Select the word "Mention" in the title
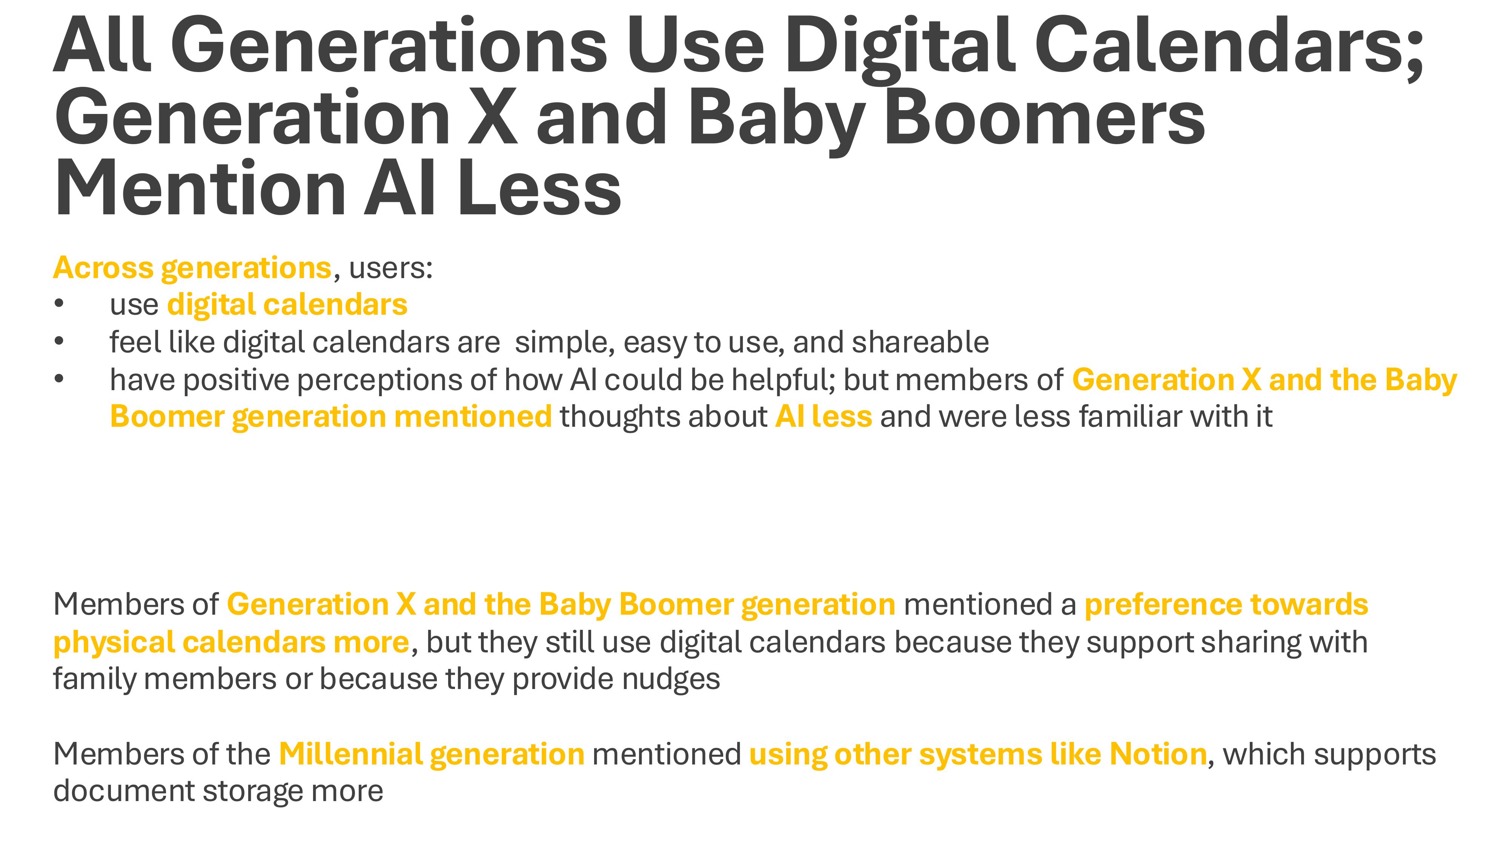[x=200, y=189]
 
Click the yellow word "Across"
[x=103, y=268]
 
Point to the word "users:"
[x=391, y=268]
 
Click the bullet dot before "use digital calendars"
[x=58, y=304]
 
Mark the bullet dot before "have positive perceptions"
[x=58, y=379]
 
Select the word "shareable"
[x=920, y=342]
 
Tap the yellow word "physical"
[x=114, y=643]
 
